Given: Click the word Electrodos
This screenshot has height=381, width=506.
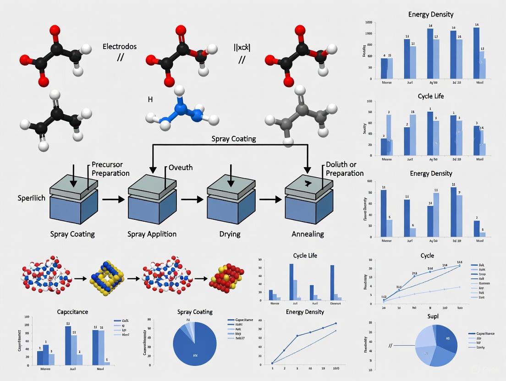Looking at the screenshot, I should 120,46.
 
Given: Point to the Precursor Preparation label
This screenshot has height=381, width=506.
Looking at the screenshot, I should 110,169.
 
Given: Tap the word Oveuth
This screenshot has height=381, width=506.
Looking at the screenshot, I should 181,168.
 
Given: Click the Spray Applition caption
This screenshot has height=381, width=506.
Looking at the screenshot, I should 152,234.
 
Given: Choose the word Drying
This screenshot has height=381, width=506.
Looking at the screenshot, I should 230,234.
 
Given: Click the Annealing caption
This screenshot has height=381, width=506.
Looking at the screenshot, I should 308,234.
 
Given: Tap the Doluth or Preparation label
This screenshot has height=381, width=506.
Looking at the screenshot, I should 345,169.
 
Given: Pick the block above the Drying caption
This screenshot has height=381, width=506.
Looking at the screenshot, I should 231,204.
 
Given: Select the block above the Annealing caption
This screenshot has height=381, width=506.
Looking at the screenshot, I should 308,204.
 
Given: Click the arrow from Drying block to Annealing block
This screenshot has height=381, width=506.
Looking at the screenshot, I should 270,200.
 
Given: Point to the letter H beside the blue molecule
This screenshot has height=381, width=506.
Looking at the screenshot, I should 150,99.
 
